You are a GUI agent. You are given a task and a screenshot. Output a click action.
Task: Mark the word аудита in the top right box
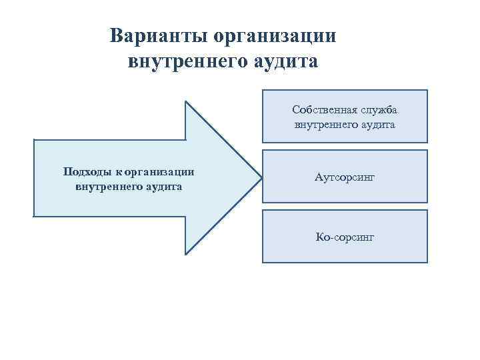pos(375,124)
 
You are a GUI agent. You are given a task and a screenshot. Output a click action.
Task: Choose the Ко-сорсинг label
pos(345,237)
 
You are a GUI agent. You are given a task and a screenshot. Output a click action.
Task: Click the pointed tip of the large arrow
pos(260,178)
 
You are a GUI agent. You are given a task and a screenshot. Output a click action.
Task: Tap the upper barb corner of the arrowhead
pos(185,101)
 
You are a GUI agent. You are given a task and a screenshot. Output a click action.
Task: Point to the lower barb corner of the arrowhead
pos(185,255)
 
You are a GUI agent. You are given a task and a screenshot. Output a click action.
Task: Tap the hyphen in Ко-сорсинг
pos(331,237)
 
